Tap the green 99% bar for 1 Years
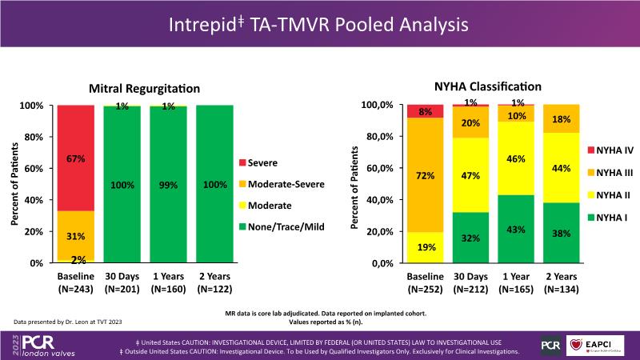pos(169,185)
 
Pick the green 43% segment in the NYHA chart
pos(517,229)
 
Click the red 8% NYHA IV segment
pos(426,111)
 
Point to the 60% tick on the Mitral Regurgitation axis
pos(36,168)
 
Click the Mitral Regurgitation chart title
pos(144,88)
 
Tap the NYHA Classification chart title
pos(487,86)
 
